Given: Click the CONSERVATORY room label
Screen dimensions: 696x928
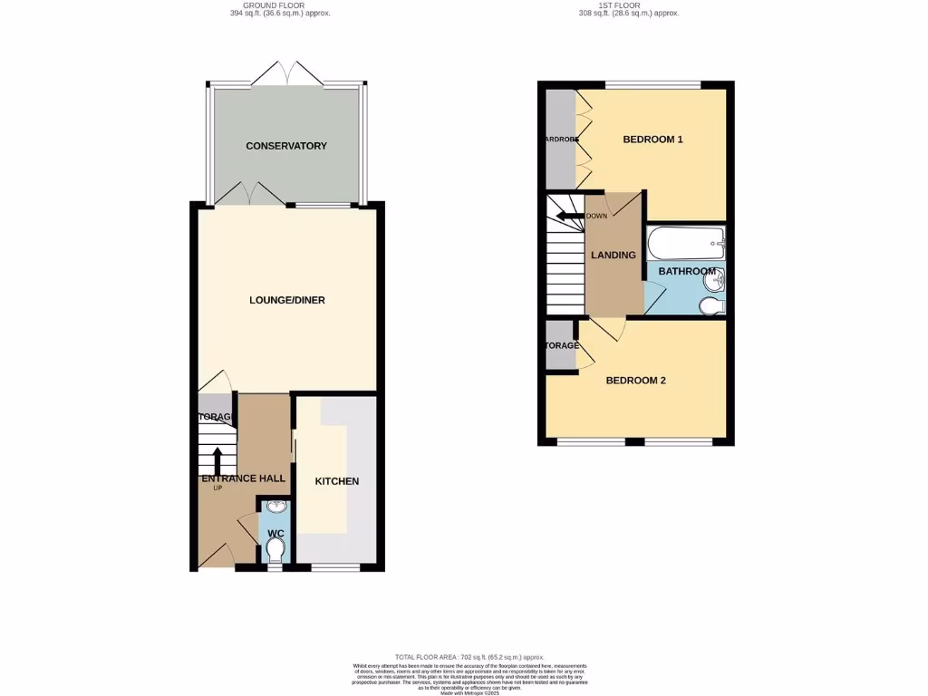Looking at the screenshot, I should (x=285, y=146).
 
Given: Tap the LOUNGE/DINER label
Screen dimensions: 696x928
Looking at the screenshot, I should (x=287, y=300).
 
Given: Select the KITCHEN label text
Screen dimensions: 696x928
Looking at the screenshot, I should (x=337, y=481).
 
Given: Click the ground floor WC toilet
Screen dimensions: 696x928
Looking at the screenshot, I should (x=275, y=549).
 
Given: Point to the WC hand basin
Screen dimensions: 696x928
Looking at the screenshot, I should (x=275, y=507).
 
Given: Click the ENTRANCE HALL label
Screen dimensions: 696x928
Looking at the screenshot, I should (x=243, y=478).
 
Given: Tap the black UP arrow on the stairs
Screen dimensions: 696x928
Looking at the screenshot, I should (x=217, y=459).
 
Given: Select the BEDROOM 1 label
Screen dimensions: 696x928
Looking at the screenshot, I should (x=652, y=140).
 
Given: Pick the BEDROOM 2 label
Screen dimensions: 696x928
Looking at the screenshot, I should (x=636, y=381).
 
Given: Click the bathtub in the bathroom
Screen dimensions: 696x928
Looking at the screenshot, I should (x=685, y=243).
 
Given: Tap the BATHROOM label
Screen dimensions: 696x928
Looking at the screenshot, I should (x=686, y=271).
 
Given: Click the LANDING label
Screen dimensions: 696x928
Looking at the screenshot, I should (x=614, y=256).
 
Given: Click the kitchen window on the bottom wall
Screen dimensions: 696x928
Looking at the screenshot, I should (x=336, y=568).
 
